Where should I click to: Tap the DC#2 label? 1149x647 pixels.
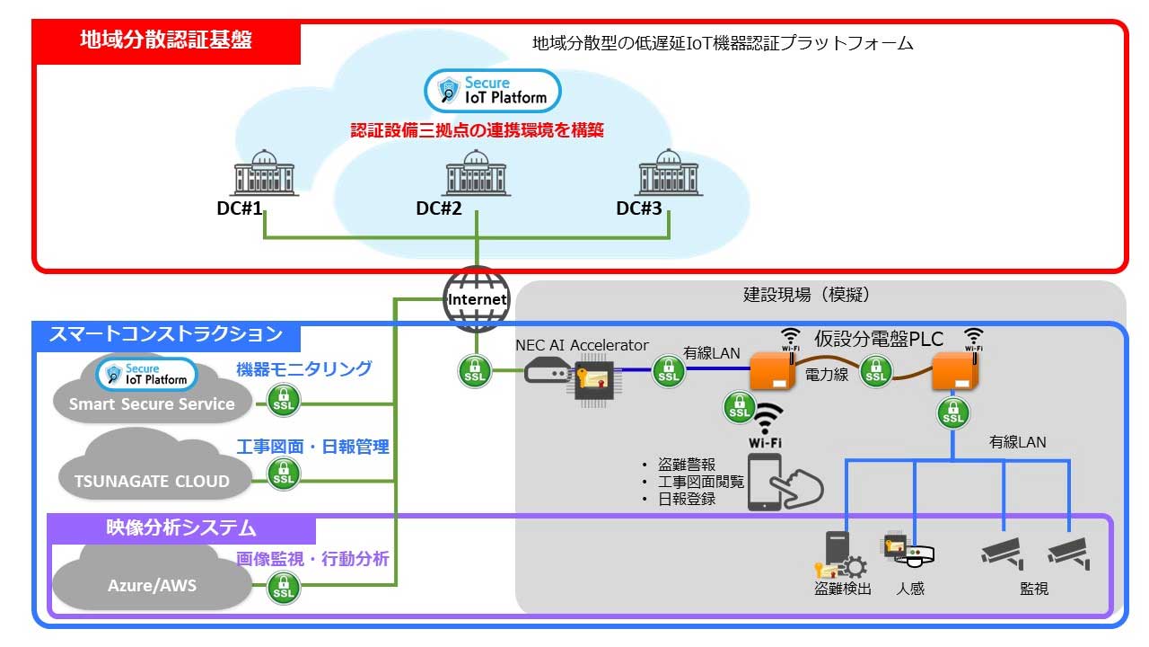pos(439,208)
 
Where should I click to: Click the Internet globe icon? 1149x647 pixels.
pos(477,299)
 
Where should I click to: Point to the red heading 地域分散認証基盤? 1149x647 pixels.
pos(166,40)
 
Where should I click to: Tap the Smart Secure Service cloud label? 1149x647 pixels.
pos(152,404)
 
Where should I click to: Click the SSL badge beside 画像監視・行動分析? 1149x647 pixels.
pos(284,589)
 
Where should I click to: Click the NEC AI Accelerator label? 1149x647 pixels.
pos(582,345)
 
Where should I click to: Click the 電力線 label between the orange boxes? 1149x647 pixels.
pos(826,375)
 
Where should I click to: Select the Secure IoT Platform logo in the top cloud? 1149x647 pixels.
pos(492,91)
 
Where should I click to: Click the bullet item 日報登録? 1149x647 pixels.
pos(687,499)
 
